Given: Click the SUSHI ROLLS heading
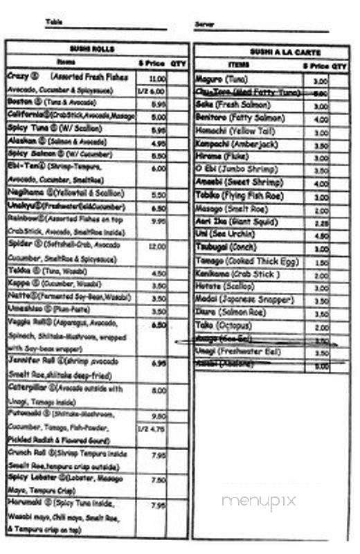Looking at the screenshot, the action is click(91, 48).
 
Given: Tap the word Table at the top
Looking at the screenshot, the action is click(53, 21).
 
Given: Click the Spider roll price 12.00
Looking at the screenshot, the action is click(157, 247).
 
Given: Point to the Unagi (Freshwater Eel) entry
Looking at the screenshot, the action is click(240, 352).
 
